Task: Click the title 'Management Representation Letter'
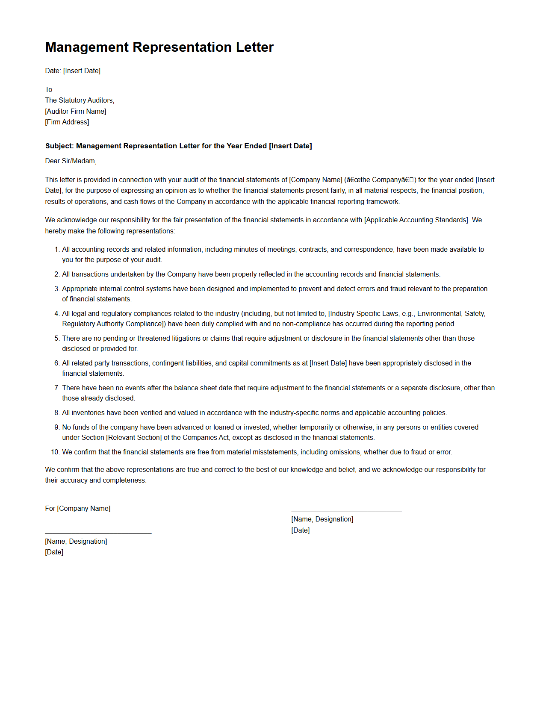pyautogui.click(x=159, y=47)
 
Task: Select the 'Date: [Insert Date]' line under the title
pyautogui.click(x=73, y=71)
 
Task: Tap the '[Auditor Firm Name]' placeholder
pyautogui.click(x=76, y=112)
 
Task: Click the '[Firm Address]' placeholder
pyautogui.click(x=67, y=122)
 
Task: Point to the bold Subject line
pyautogui.click(x=178, y=146)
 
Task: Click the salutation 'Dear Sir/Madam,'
pyautogui.click(x=71, y=161)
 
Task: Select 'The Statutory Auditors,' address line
pyautogui.click(x=80, y=100)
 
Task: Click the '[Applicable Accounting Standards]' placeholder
pyautogui.click(x=416, y=220)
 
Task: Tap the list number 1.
pyautogui.click(x=56, y=250)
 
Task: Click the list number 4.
pyautogui.click(x=56, y=314)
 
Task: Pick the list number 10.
pyautogui.click(x=55, y=452)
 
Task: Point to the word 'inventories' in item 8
pyautogui.click(x=89, y=413)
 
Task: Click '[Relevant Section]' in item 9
pyautogui.click(x=134, y=438)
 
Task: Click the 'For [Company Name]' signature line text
pyautogui.click(x=78, y=509)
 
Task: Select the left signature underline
pyautogui.click(x=98, y=533)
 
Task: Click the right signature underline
pyautogui.click(x=346, y=512)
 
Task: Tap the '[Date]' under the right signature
pyautogui.click(x=301, y=530)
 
